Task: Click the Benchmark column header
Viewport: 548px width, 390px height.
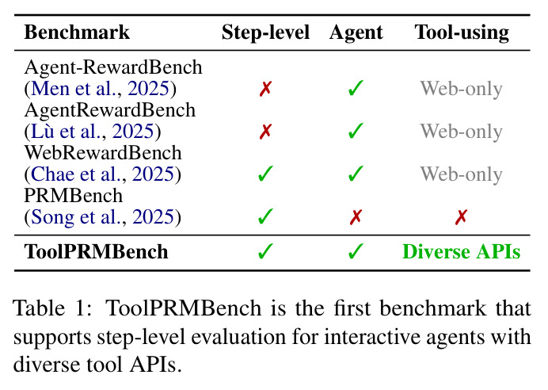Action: [77, 32]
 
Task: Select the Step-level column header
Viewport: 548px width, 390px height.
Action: [265, 32]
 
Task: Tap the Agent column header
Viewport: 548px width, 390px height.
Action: [356, 33]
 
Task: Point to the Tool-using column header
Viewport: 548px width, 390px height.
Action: [462, 33]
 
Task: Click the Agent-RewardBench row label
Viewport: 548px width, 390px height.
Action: [113, 67]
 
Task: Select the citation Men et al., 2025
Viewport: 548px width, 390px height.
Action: [101, 88]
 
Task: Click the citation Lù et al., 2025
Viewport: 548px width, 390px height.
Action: [93, 131]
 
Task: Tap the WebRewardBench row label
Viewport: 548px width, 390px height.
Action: [103, 153]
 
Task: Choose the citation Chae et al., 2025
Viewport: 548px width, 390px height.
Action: [102, 174]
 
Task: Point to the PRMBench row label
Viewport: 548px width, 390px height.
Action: [74, 196]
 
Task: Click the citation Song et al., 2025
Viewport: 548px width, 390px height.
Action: [102, 217]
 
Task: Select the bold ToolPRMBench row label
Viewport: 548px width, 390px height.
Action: [96, 252]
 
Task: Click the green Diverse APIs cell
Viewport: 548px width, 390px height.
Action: [462, 252]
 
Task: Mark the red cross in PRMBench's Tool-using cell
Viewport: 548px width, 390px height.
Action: [462, 217]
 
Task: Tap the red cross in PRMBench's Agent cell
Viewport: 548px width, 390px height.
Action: [356, 217]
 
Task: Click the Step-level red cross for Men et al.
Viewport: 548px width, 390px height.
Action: [265, 89]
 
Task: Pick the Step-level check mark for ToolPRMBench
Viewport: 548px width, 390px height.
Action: [265, 251]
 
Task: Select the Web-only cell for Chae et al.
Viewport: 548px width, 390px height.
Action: [462, 174]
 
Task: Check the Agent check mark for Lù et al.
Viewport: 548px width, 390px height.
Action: [356, 131]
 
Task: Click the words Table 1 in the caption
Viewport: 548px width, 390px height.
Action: [52, 308]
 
